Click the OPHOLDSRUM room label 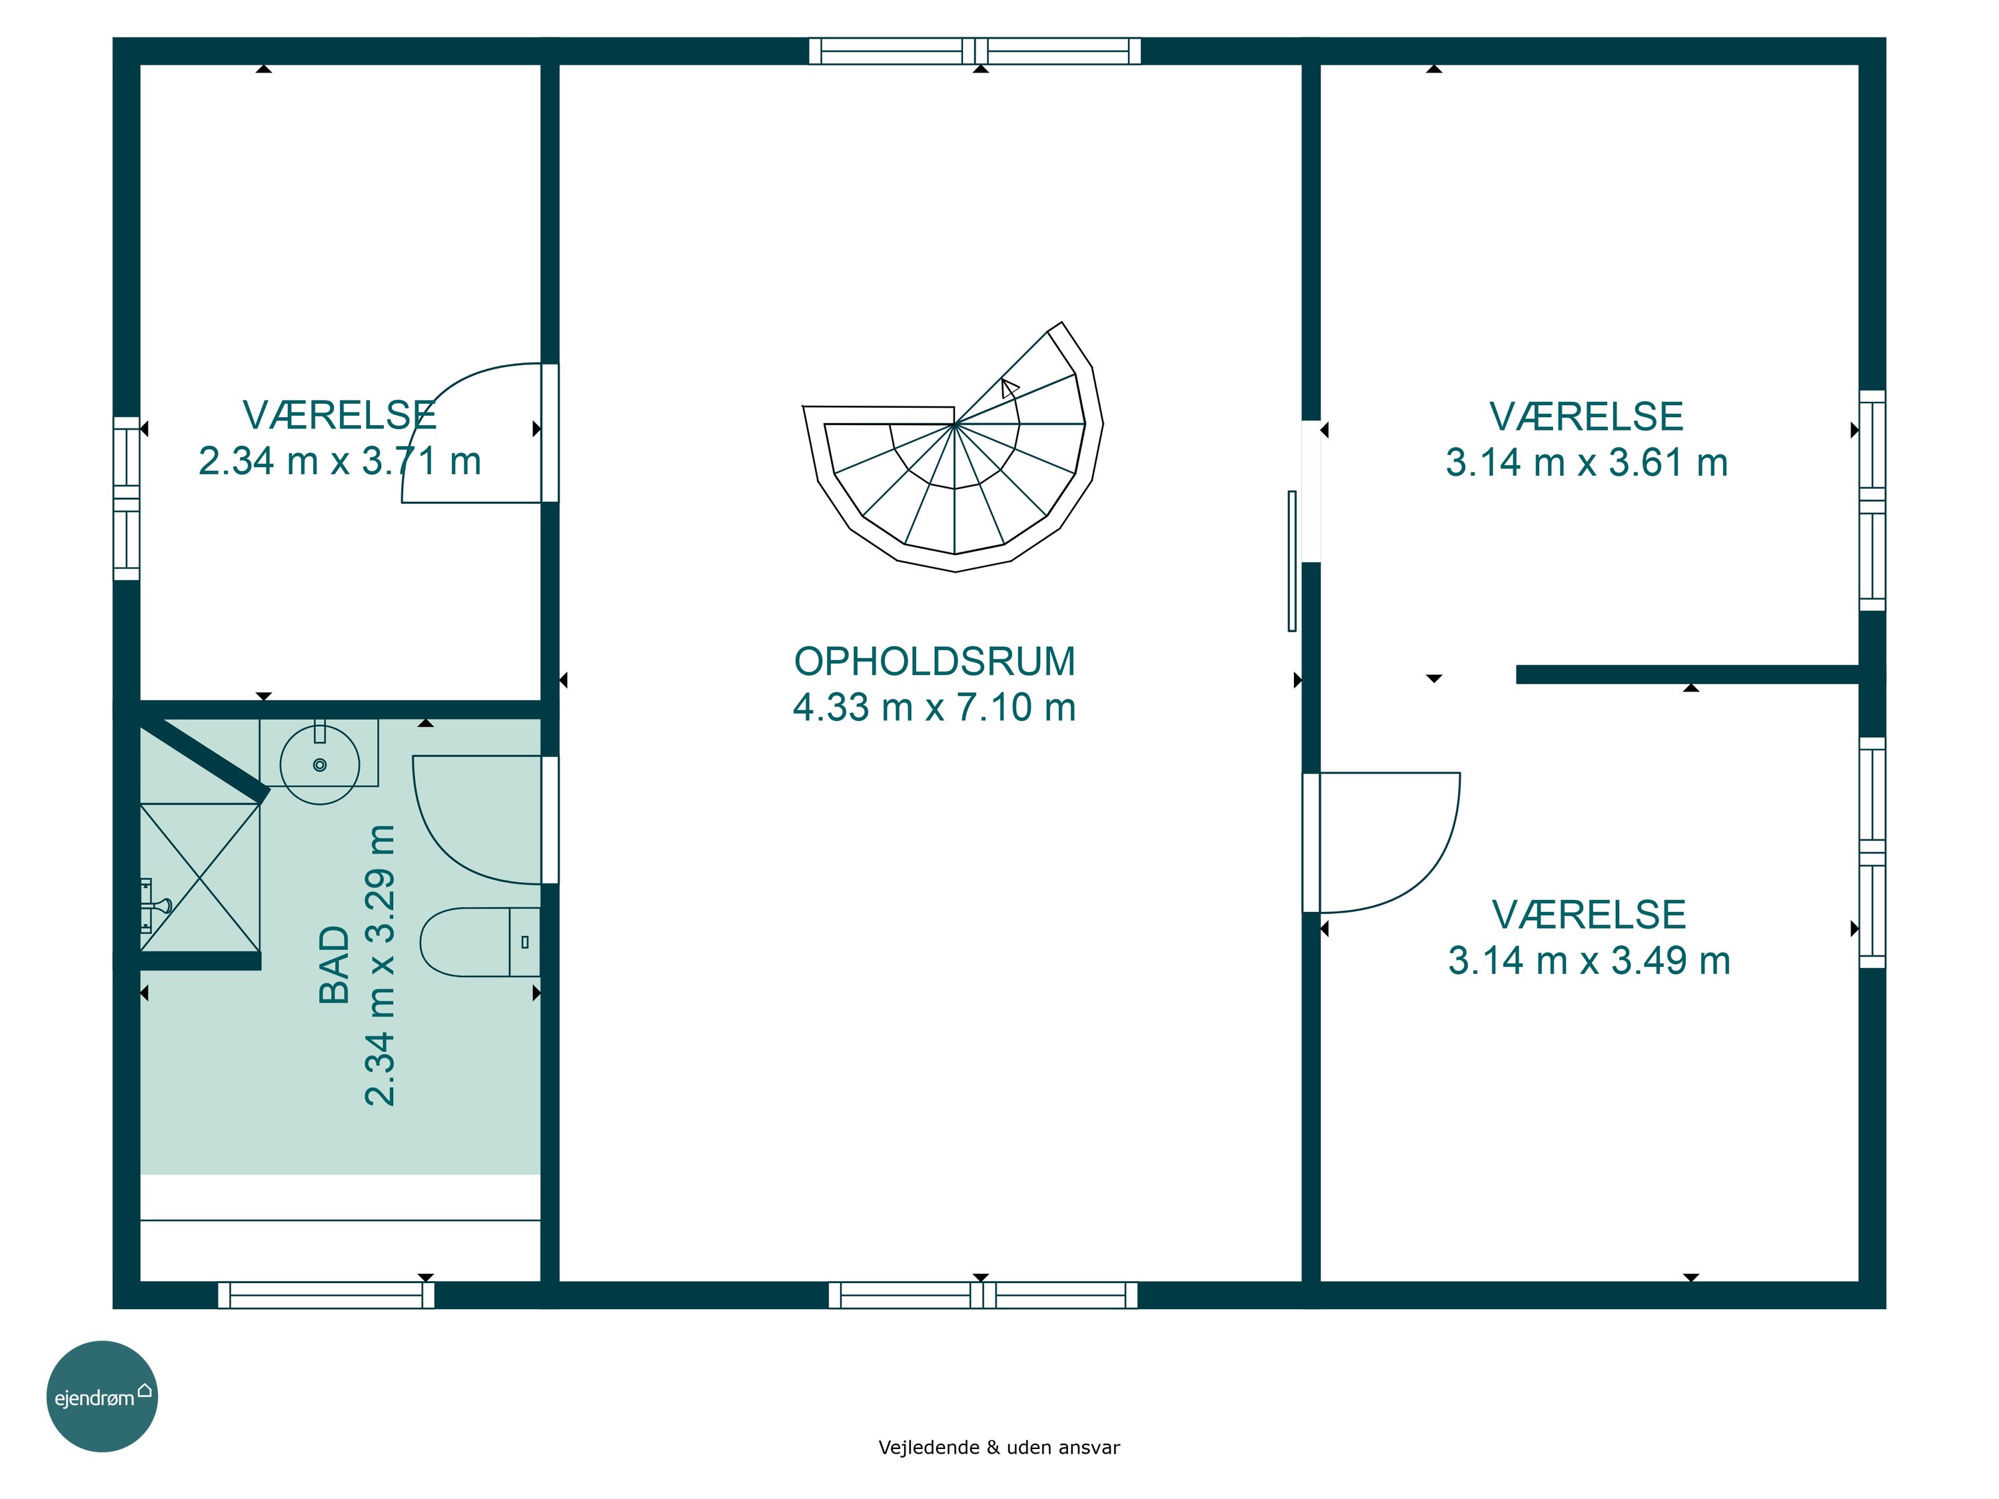point(934,662)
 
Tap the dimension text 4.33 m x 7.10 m point(934,708)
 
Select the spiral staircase point(954,447)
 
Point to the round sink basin point(320,764)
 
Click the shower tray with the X point(200,877)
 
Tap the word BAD point(334,965)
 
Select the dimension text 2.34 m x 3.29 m point(380,965)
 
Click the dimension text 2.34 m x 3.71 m point(340,461)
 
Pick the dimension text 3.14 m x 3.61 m point(1587,462)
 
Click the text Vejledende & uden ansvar point(999,1448)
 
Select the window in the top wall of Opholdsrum point(975,51)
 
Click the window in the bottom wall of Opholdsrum point(984,1294)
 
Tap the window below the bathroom point(327,1294)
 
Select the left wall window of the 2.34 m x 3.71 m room point(127,499)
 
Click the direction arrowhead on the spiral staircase point(1009,388)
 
